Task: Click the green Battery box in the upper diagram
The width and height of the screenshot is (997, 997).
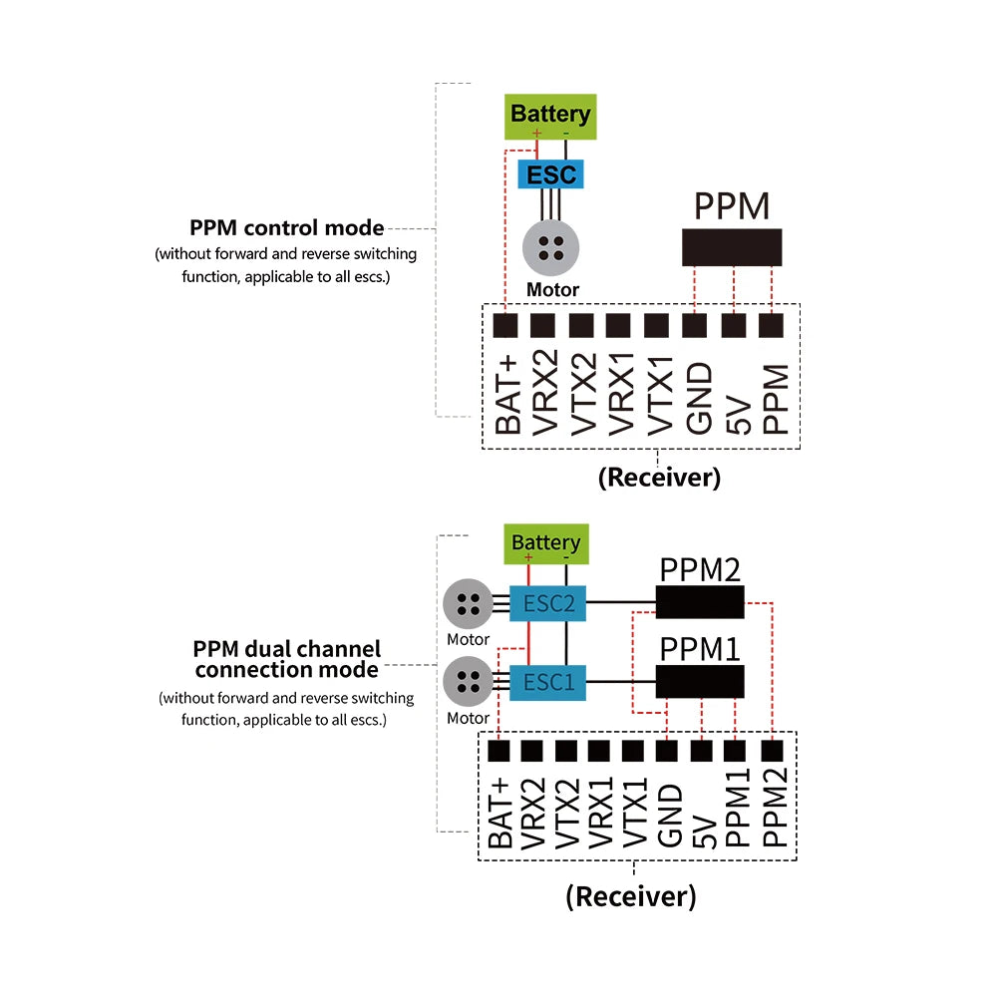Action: [x=550, y=116]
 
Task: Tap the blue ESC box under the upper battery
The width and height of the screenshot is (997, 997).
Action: [x=550, y=175]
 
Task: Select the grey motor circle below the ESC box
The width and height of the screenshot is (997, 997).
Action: [x=550, y=248]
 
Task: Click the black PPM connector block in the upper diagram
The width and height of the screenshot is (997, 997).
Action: [x=732, y=247]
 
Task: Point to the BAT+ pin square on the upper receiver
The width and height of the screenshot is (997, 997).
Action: [x=506, y=326]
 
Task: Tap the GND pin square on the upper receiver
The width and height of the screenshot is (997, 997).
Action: [x=696, y=326]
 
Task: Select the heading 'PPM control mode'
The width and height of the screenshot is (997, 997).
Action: [x=287, y=227]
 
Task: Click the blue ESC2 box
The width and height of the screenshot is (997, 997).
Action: [x=547, y=602]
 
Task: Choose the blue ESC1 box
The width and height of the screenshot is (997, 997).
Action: [x=547, y=683]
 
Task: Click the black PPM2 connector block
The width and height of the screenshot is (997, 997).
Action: [x=700, y=602]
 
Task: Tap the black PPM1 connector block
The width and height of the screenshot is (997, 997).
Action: [x=700, y=682]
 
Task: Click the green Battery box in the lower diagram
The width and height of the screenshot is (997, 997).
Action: [x=545, y=543]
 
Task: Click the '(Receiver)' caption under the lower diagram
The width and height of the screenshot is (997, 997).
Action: [x=630, y=895]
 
